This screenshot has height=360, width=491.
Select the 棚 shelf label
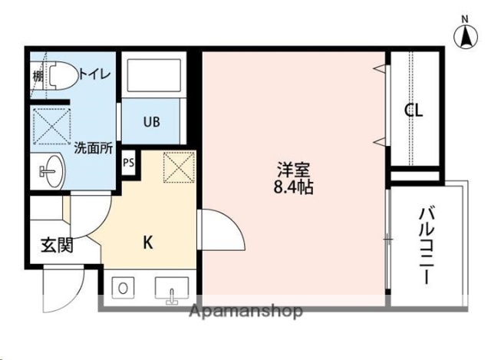click(38, 75)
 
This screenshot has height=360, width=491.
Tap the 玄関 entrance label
click(57, 246)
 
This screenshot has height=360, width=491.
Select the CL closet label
click(414, 110)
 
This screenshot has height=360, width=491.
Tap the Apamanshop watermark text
click(239, 311)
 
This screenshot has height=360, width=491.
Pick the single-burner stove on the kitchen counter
click(122, 289)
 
